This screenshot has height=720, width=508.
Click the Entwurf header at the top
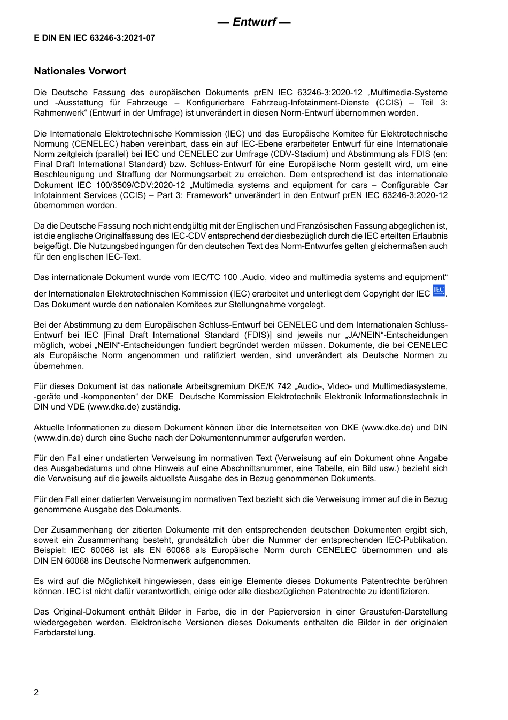[254, 22]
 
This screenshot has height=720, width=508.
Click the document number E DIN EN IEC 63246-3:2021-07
[95, 38]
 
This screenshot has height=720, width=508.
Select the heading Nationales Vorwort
[80, 71]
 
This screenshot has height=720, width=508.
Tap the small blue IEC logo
[438, 291]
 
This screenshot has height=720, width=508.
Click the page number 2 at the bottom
[36, 693]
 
